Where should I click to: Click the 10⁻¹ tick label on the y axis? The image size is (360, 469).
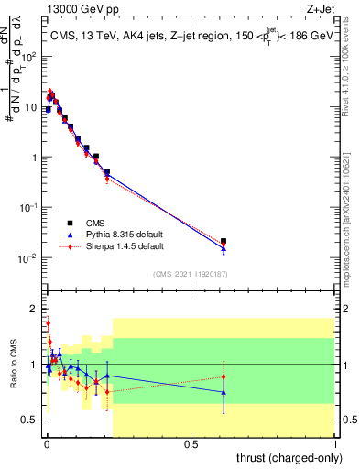click(29, 207)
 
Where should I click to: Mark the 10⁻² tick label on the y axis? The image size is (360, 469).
click(29, 257)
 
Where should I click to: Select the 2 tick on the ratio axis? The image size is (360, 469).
click(34, 308)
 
